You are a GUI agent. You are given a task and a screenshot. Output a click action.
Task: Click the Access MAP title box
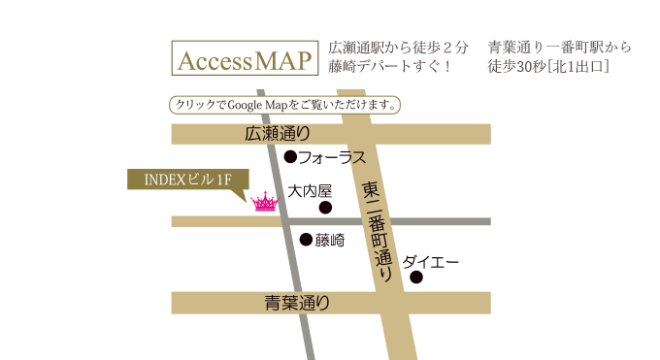pos(245,58)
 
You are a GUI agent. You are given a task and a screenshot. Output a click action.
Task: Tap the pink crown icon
pos(264,203)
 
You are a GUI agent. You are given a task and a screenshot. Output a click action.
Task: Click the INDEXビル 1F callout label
pos(187,180)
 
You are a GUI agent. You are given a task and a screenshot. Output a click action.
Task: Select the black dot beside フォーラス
pos(289,155)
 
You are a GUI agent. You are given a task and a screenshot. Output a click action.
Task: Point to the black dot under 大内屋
pos(325,207)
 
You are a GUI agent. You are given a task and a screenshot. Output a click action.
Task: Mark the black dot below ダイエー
pos(416,278)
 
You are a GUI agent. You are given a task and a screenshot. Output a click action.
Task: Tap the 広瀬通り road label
pos(278,134)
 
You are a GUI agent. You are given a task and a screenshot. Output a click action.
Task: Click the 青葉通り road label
pos(298,304)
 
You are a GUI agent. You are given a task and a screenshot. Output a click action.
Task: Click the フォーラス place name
pos(332,156)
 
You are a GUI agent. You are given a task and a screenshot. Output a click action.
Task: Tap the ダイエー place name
pos(430,262)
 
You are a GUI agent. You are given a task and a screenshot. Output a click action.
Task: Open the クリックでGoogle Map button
pos(284,104)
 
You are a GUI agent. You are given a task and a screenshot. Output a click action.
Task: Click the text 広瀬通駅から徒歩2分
pos(399,47)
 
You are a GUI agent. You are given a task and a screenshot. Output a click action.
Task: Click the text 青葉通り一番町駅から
pos(560,47)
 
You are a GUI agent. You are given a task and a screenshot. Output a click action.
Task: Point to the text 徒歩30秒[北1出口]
pos(548,67)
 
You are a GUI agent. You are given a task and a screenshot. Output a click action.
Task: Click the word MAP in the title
pos(284,59)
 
